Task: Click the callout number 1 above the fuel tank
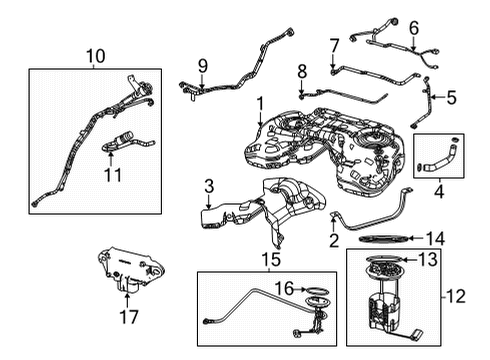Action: point(260,103)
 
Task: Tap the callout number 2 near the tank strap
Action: point(333,240)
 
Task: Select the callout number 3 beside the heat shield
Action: point(208,186)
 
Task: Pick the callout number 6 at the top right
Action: point(413,29)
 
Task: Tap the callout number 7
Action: point(334,45)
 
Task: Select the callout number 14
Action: point(434,238)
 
